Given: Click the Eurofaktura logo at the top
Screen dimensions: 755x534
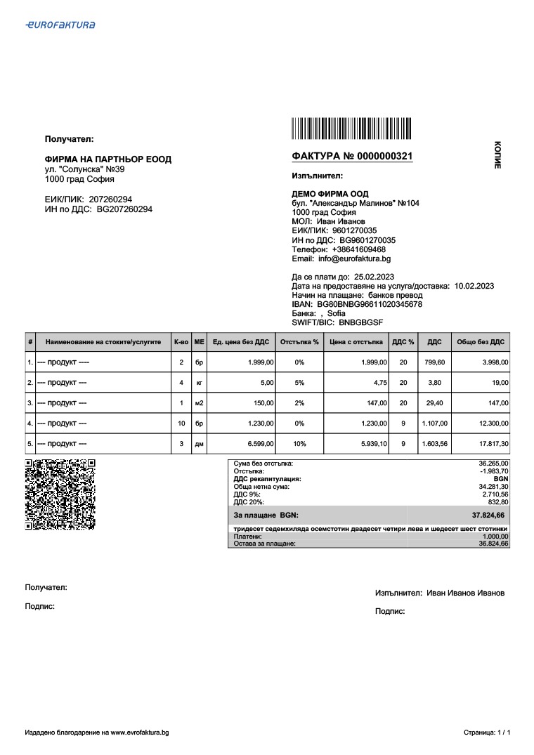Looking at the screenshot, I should click(x=60, y=25).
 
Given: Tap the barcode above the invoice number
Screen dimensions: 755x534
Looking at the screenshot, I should click(x=352, y=131).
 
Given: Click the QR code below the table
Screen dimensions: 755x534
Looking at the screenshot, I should click(x=60, y=494).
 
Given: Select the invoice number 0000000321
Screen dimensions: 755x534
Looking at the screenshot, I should click(x=384, y=156).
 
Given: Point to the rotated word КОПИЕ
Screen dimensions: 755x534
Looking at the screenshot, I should click(x=497, y=154).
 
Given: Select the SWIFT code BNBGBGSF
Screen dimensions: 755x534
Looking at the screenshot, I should click(x=360, y=322).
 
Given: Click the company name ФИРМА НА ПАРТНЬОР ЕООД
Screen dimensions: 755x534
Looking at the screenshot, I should click(x=108, y=159).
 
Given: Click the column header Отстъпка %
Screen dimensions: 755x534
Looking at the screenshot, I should click(x=299, y=342).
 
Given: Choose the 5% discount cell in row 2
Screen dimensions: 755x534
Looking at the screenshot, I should click(x=299, y=383).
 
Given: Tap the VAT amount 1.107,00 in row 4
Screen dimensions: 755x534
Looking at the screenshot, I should click(x=434, y=424).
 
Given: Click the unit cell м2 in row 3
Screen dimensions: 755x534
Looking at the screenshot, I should click(x=199, y=403).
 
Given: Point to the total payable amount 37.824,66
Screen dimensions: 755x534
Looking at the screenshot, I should click(x=490, y=515).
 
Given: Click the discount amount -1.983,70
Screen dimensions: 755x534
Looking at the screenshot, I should click(x=493, y=471).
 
